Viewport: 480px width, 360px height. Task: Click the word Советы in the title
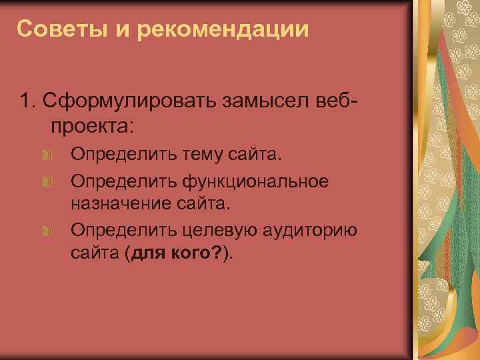(x=53, y=29)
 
